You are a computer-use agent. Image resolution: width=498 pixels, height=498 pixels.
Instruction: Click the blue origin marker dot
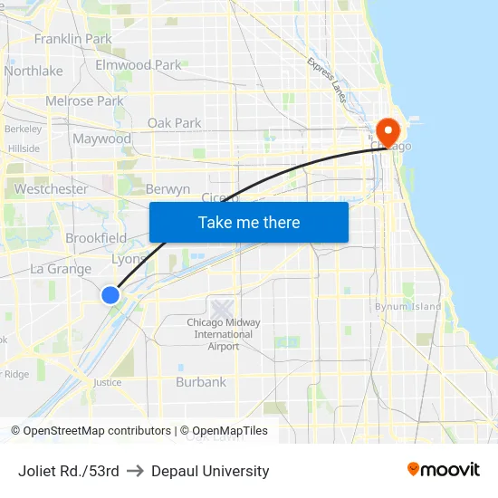pos(110,294)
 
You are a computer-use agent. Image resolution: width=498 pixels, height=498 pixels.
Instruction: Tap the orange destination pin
pos(388,133)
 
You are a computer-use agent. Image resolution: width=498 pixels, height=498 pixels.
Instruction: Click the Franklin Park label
pos(72,39)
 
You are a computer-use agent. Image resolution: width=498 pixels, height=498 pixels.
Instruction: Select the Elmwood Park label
pos(139,65)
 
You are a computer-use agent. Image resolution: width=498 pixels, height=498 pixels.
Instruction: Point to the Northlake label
pos(34,71)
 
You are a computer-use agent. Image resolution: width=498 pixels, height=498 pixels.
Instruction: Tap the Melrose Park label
pos(84,101)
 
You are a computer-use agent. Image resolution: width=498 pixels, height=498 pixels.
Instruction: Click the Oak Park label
pos(174,123)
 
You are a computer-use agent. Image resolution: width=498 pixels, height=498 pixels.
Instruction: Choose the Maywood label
pos(101,139)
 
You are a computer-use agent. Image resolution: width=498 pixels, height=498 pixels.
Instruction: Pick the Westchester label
pos(51,189)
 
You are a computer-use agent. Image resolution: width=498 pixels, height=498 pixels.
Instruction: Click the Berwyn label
pos(168,189)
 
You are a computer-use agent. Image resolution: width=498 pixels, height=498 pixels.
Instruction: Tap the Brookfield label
pos(96,238)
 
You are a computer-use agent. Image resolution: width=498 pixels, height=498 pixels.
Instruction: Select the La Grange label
pos(61,269)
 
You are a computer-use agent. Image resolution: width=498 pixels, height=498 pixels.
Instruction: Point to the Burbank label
pos(201,382)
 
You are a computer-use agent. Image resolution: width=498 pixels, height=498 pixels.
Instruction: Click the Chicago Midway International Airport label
pos(223,334)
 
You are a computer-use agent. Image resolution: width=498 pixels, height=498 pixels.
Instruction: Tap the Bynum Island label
pos(408,307)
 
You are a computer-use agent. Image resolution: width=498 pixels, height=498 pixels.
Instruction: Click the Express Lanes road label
pos(327,80)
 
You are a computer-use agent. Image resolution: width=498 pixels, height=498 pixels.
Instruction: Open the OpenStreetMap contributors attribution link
pos(96,431)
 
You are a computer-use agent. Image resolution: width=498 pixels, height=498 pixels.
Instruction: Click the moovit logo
pos(443,470)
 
